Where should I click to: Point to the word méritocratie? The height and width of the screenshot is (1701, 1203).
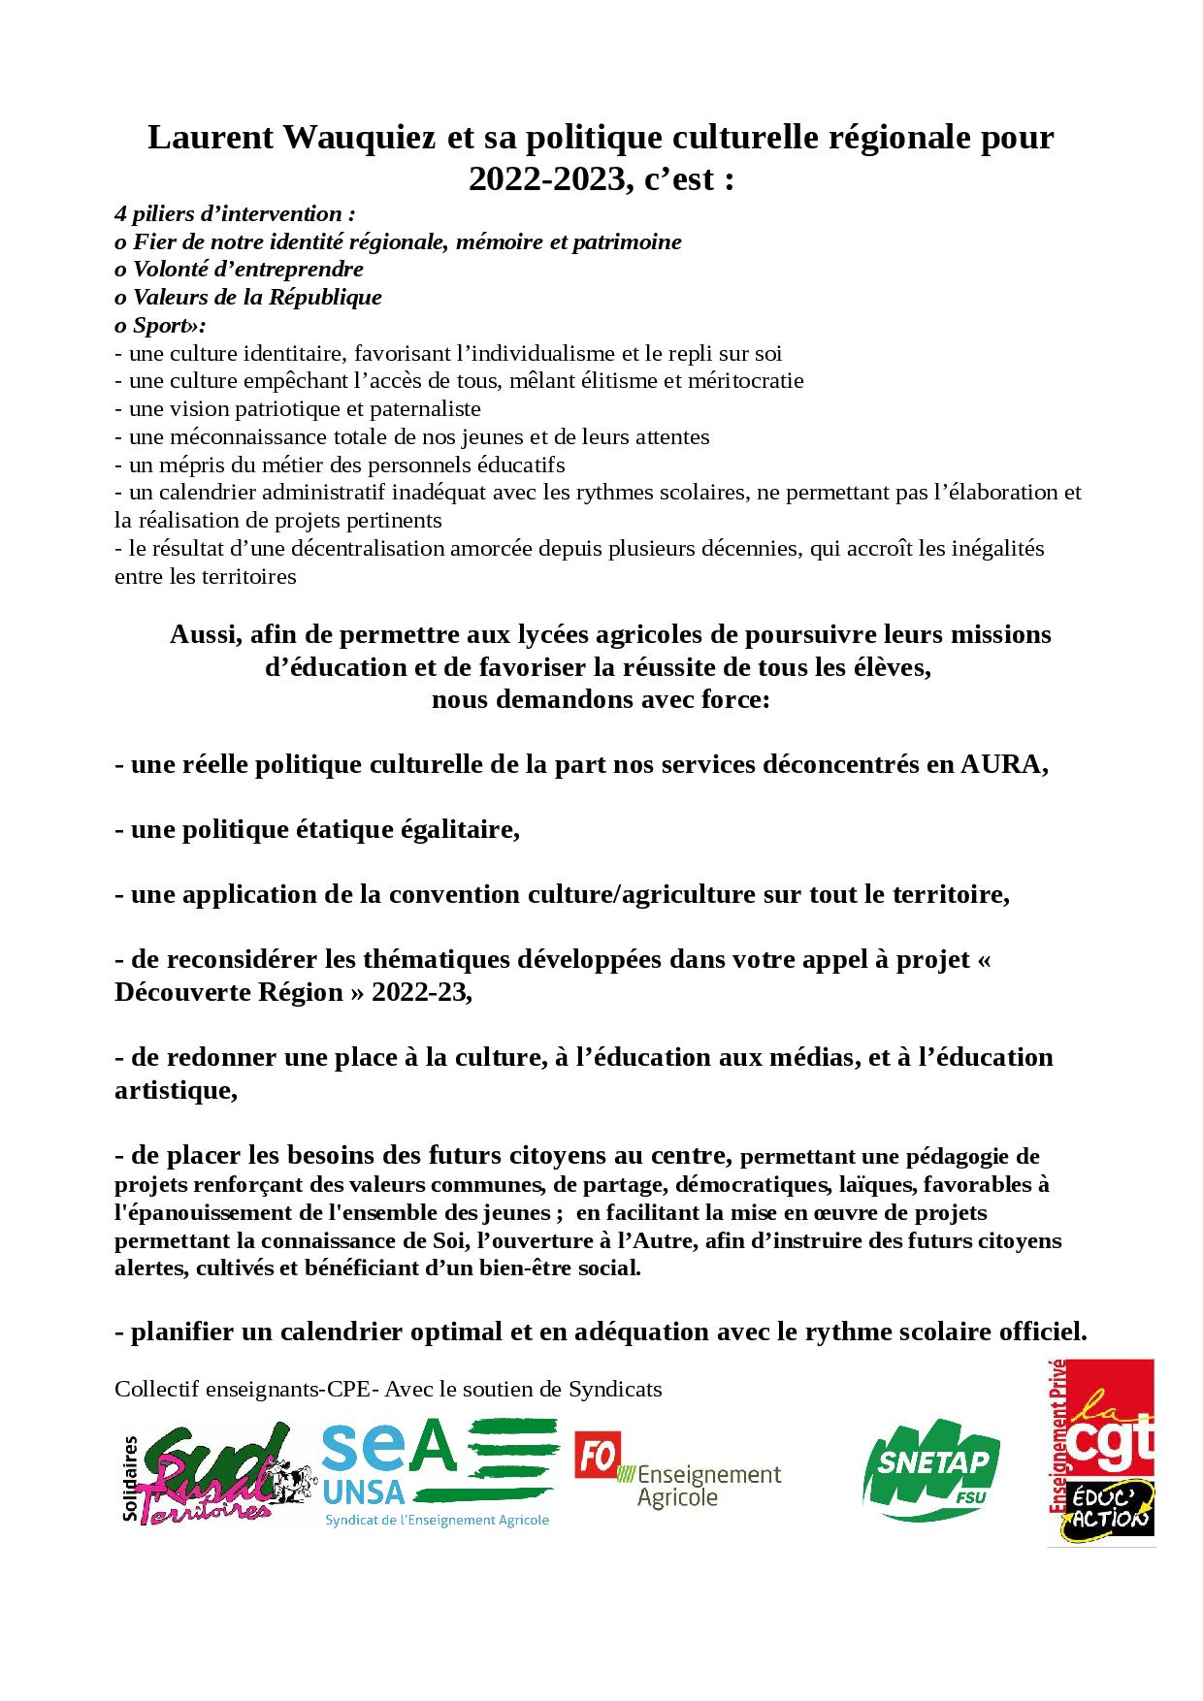point(745,381)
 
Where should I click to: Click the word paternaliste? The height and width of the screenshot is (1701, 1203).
point(418,409)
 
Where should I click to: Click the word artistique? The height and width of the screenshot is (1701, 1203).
point(174,1090)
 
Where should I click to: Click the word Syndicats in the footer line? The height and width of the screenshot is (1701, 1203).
point(616,1390)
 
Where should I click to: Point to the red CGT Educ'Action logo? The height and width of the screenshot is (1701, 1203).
point(1100,1452)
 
